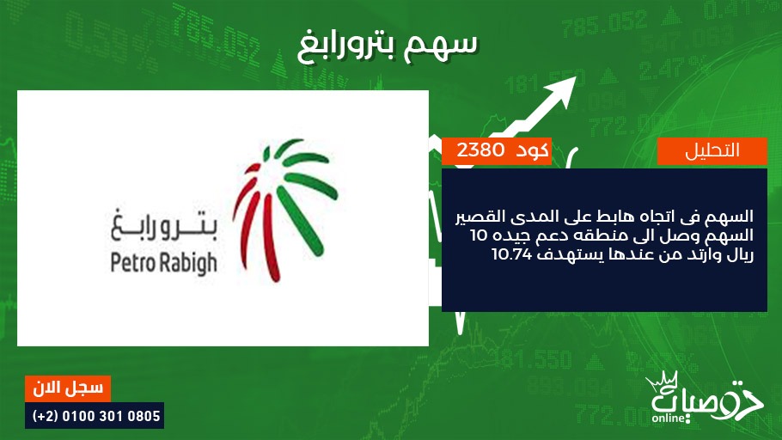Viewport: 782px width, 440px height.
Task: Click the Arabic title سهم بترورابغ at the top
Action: (388, 46)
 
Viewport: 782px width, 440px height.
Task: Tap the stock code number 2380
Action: (480, 150)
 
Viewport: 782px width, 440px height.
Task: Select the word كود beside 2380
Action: (532, 150)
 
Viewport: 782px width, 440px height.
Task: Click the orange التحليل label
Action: (712, 150)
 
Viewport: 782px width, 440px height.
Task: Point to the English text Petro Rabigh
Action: (163, 263)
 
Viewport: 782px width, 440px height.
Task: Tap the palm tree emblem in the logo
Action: (284, 210)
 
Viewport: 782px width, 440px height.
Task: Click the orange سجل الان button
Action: (68, 388)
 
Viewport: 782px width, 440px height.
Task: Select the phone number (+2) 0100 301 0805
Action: (95, 416)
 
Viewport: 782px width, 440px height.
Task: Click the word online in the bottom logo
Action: (669, 418)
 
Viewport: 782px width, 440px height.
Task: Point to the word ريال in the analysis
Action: (739, 254)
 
